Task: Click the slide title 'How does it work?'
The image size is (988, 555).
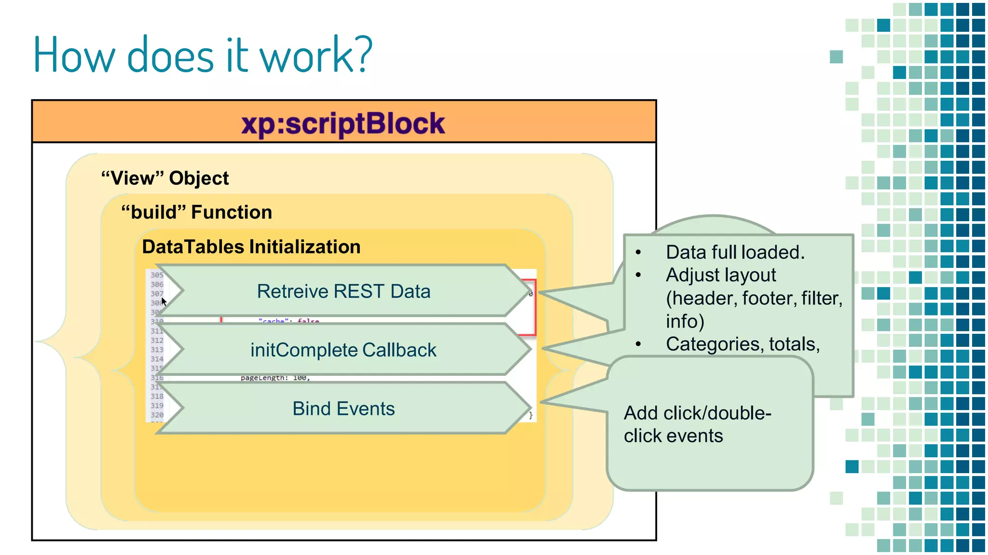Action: click(x=203, y=55)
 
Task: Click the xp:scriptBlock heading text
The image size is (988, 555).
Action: click(x=343, y=123)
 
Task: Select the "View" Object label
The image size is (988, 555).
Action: click(x=165, y=178)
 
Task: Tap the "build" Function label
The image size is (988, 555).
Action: click(x=196, y=212)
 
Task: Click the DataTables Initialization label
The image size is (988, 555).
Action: click(x=251, y=247)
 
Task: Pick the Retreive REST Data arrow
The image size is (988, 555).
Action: click(x=343, y=291)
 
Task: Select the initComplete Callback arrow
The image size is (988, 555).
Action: click(x=343, y=350)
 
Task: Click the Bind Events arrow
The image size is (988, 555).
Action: click(x=343, y=409)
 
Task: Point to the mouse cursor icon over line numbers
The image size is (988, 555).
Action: click(x=164, y=302)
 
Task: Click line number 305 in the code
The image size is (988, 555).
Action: click(x=157, y=275)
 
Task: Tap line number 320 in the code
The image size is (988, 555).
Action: click(x=157, y=415)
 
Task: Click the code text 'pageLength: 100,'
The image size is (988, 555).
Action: click(x=275, y=378)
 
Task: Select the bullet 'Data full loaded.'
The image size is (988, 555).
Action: click(x=735, y=252)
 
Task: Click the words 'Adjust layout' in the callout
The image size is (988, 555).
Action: click(x=721, y=275)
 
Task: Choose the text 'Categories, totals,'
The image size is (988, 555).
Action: click(x=742, y=344)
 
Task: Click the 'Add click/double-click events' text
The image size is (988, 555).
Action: click(x=697, y=424)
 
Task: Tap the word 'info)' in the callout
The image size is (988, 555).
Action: click(x=685, y=321)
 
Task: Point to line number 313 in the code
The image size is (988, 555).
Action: click(x=157, y=350)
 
